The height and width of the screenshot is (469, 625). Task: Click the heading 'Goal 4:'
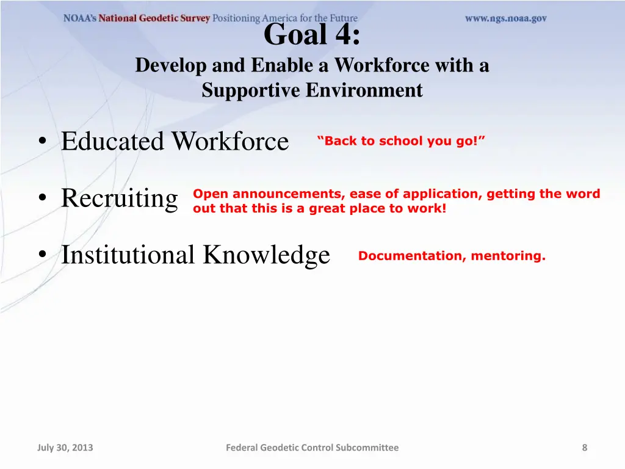click(312, 35)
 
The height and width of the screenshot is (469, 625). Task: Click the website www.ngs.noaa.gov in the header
click(505, 18)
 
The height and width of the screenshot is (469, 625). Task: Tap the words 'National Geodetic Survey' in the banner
click(154, 18)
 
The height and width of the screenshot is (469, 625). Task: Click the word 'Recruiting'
click(120, 198)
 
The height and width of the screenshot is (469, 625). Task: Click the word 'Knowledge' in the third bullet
click(267, 255)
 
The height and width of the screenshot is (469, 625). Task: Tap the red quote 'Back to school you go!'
click(401, 141)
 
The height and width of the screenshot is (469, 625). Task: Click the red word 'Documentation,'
click(410, 256)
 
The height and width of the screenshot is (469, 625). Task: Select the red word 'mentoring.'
click(508, 256)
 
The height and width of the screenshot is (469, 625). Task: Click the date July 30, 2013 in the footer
click(65, 448)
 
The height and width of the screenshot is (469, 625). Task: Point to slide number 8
click(584, 448)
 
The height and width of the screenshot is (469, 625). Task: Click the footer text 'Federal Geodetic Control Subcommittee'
click(312, 448)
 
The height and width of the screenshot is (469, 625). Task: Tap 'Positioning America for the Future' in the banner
click(285, 18)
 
